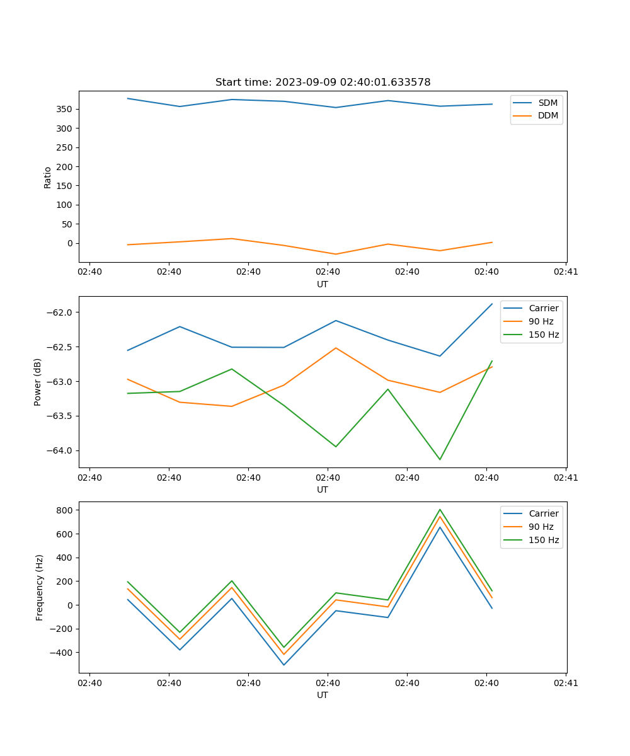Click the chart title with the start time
coord(323,83)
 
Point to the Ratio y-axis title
coord(48,177)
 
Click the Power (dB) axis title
coord(38,382)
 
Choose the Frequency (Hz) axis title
coord(40,587)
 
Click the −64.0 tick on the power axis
coord(60,450)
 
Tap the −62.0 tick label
coord(60,312)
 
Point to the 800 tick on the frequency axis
coord(66,510)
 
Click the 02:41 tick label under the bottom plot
coord(566,683)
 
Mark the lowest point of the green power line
coord(440,459)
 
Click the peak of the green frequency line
coord(440,509)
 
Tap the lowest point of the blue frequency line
coord(283,665)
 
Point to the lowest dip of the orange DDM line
coord(336,254)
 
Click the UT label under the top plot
coord(323,284)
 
